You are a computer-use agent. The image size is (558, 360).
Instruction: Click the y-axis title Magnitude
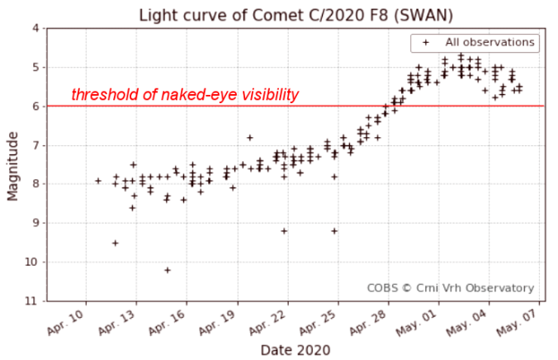(x=12, y=164)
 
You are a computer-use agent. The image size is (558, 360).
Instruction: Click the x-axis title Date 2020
(x=295, y=349)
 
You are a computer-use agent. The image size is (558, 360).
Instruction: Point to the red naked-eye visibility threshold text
(x=184, y=95)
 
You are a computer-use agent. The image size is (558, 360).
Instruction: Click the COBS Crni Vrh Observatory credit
(x=450, y=288)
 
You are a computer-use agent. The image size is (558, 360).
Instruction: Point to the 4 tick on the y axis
(x=35, y=28)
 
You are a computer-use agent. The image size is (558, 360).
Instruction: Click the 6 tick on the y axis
(x=35, y=107)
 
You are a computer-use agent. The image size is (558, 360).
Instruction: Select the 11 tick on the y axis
(x=33, y=301)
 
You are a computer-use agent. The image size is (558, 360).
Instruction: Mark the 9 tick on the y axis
(x=35, y=223)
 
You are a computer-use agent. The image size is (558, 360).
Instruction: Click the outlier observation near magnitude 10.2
(x=168, y=270)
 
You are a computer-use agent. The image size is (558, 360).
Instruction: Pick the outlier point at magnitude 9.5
(x=116, y=243)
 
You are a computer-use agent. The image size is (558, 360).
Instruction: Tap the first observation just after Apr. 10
(x=98, y=180)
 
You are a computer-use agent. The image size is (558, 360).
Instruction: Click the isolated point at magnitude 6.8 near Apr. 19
(x=250, y=137)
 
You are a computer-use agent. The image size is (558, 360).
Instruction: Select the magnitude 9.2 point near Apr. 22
(x=284, y=231)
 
